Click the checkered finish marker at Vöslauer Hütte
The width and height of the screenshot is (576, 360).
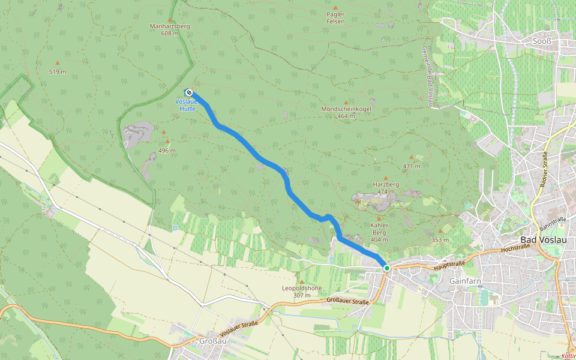(189, 92)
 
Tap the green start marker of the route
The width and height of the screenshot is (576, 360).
(387, 268)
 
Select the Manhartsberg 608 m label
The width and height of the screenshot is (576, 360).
(169, 30)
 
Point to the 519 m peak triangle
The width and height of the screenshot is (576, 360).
(58, 63)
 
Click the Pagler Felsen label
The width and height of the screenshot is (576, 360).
(335, 17)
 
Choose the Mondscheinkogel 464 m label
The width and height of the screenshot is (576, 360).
(346, 112)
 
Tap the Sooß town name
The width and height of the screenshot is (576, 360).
(542, 41)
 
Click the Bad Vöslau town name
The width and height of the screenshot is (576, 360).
(545, 239)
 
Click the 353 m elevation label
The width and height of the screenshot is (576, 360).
(440, 239)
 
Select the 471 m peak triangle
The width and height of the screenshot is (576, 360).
(412, 157)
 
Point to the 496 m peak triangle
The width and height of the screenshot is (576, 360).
(167, 142)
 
